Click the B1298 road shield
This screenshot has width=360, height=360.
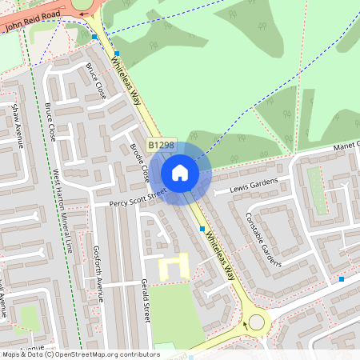pos(161,145)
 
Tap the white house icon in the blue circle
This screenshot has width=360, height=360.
pos(180,173)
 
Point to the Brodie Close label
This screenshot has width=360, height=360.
pos(139,160)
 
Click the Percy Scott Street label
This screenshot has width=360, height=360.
pos(138,198)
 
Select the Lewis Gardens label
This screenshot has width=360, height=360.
pos(254,186)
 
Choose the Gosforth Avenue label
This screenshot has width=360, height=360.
pos(98,273)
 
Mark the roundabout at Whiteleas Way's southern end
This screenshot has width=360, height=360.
pos(256,322)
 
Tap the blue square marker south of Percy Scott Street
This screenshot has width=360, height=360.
pos(202,229)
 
